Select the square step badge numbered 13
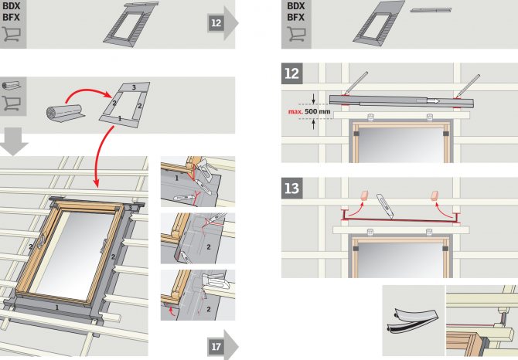[x=291, y=188]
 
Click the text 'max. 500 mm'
[x=309, y=111]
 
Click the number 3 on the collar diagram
[x=134, y=87]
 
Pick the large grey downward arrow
[x=13, y=141]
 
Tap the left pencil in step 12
[x=356, y=83]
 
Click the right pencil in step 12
[x=468, y=85]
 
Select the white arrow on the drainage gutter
[x=433, y=100]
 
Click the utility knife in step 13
[x=386, y=207]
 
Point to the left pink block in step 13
[x=363, y=195]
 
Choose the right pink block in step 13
[x=435, y=195]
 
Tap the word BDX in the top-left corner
[x=12, y=6]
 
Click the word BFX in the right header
[x=295, y=17]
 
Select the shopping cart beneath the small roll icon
[x=12, y=104]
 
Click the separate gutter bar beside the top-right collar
[x=431, y=10]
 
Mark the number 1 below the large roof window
[x=56, y=307]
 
